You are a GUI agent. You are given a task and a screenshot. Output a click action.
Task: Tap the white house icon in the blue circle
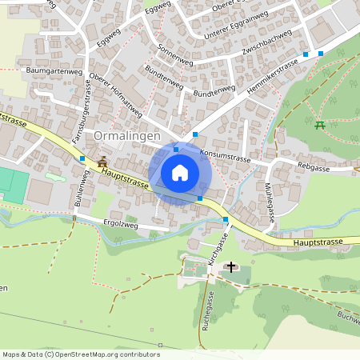click(180, 173)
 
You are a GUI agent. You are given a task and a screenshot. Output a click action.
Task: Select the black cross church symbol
click(232, 266)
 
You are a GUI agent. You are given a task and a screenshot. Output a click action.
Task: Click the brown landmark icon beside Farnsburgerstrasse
click(102, 162)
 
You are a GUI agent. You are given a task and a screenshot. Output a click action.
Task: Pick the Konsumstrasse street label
click(225, 154)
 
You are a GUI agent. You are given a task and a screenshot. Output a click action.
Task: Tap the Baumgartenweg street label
click(54, 71)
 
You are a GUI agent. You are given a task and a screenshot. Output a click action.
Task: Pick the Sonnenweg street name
click(176, 54)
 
